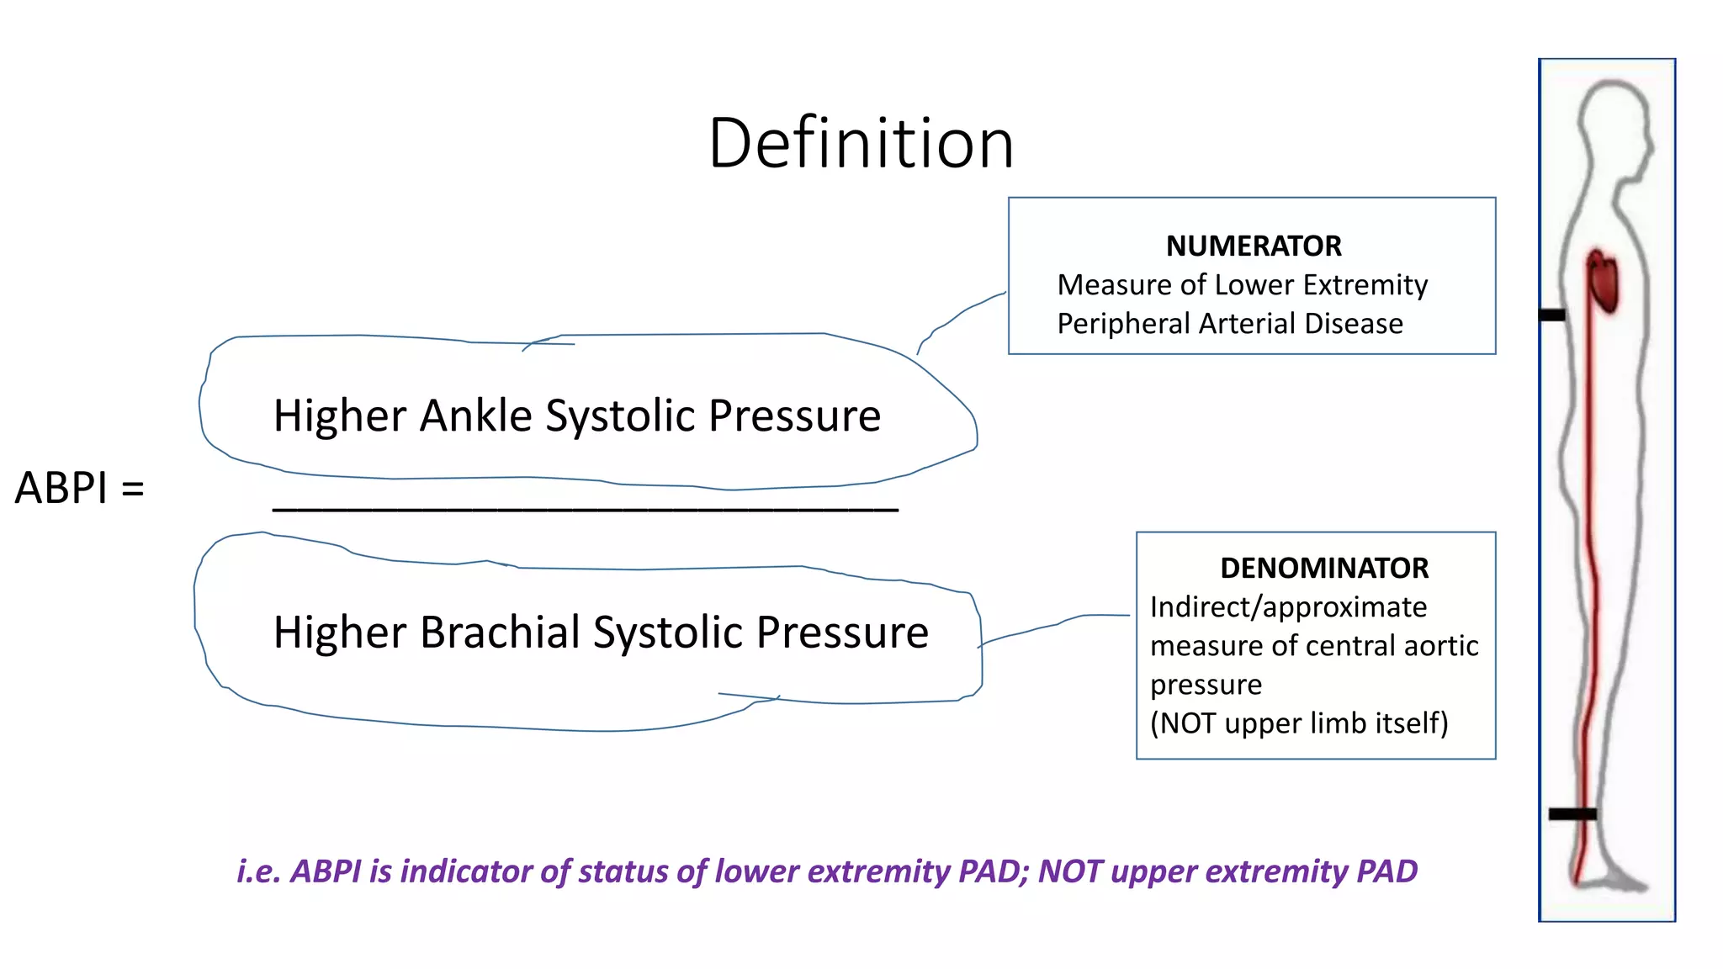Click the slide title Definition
coord(861,143)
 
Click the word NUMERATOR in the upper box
coord(1254,246)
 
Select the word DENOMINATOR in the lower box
coord(1324,569)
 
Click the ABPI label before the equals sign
coord(61,489)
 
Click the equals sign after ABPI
coord(133,489)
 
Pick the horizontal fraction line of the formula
coord(586,509)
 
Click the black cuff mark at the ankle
coord(1572,813)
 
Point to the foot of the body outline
coord(1611,879)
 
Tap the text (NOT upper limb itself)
coord(1299,723)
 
